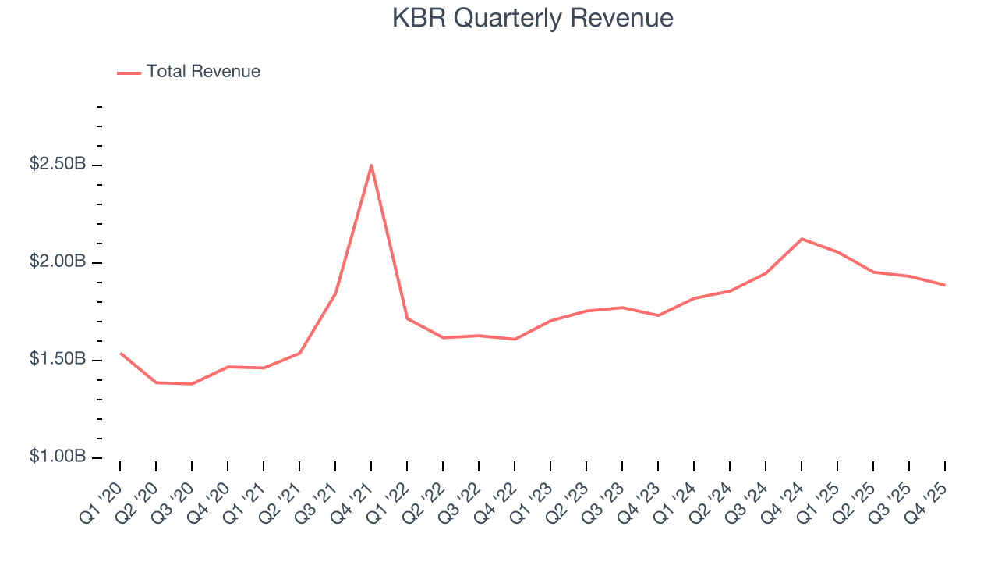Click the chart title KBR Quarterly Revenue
[533, 18]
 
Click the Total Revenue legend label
[203, 72]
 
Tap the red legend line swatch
[129, 73]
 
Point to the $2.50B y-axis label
[58, 165]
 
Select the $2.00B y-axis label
[58, 262]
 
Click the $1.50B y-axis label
[58, 360]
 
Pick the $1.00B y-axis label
[58, 457]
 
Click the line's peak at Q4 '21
[371, 165]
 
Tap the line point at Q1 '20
[120, 354]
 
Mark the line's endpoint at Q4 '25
[945, 285]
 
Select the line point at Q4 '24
[802, 239]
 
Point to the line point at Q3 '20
[192, 384]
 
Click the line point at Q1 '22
[407, 318]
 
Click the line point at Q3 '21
[335, 293]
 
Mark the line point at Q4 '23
[658, 315]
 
